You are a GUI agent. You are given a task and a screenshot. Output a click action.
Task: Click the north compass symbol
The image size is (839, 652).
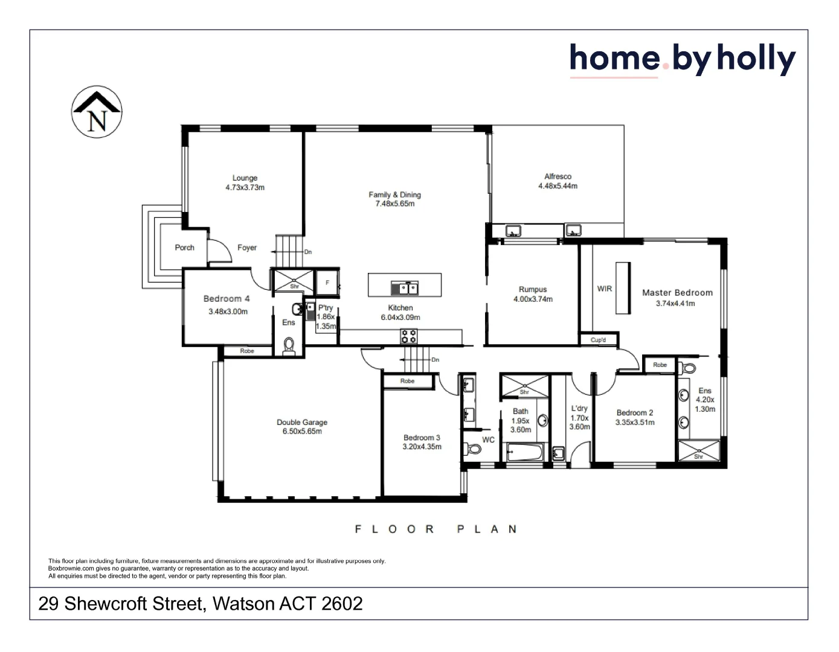click(97, 112)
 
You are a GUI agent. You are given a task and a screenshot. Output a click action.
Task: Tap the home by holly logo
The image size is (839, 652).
click(682, 60)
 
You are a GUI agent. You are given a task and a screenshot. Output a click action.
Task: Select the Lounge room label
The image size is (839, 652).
click(245, 178)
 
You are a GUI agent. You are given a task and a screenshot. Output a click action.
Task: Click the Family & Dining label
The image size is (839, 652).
click(394, 194)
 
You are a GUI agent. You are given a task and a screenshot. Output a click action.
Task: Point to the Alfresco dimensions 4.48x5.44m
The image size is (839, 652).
click(558, 186)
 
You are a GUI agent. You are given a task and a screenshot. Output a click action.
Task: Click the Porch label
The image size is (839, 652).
click(184, 248)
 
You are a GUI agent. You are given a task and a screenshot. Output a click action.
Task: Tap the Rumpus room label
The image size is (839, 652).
click(532, 289)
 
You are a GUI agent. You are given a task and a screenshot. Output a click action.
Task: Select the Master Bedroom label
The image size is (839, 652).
click(677, 293)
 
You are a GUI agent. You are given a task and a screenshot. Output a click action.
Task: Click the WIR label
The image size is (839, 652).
click(604, 289)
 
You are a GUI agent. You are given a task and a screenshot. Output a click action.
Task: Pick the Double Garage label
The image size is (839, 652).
click(302, 422)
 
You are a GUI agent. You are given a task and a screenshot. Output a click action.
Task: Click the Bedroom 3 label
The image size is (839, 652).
click(422, 438)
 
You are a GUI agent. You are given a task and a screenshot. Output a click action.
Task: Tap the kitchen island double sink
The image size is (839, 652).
click(405, 289)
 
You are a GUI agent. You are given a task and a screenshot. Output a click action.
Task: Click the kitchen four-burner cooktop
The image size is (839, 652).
click(409, 336)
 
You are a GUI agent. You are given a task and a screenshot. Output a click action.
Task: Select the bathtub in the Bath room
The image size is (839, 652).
click(524, 452)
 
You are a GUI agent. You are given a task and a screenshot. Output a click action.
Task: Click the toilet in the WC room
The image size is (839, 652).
click(473, 449)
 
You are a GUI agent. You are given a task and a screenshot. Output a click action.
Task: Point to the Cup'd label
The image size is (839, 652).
click(598, 340)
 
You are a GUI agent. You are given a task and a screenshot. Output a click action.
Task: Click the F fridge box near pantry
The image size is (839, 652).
click(327, 283)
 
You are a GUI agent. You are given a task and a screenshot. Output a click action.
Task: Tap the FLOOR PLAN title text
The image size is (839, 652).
click(436, 529)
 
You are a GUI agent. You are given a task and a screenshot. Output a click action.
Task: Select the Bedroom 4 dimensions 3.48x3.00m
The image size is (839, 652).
click(228, 312)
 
